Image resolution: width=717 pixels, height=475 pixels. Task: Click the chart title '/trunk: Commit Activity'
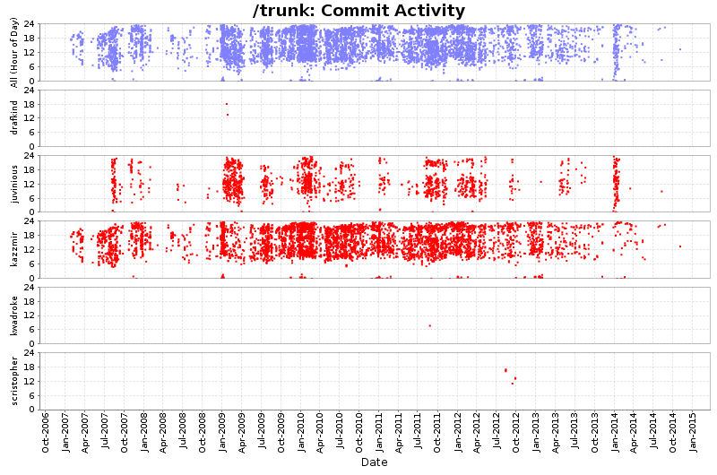point(358,11)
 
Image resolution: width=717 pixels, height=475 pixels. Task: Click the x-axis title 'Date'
point(374,462)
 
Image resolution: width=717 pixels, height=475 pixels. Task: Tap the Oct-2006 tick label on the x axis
point(46,433)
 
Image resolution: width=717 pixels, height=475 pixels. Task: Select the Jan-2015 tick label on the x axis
point(693,433)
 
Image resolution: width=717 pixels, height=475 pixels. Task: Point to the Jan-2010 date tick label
point(301,433)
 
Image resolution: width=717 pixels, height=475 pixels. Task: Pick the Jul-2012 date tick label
point(497,433)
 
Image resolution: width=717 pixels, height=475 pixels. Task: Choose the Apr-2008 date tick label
point(163,433)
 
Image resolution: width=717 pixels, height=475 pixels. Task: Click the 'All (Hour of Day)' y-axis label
point(13,53)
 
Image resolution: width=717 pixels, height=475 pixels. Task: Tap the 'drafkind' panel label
point(13,118)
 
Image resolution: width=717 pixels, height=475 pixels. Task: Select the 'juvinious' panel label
point(13,184)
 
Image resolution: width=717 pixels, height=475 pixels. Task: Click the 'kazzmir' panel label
point(13,249)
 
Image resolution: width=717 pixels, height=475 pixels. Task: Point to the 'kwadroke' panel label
point(13,315)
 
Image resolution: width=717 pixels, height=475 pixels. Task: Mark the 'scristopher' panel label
point(13,380)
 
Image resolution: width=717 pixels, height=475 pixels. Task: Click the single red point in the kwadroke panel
point(430,325)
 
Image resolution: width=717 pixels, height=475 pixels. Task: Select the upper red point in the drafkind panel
point(227,104)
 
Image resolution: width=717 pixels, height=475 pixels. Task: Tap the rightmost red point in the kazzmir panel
point(679,246)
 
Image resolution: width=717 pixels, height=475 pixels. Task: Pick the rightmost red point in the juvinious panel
point(661,191)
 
